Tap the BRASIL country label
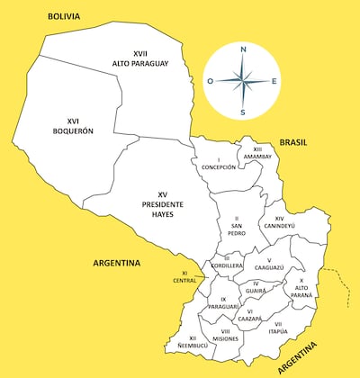293,142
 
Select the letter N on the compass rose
242,49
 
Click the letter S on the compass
242,112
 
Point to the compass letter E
274,81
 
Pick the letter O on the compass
210,81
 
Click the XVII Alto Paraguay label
140,58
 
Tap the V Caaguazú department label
268,265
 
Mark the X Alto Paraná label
301,287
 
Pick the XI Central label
184,276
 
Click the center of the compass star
242,81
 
